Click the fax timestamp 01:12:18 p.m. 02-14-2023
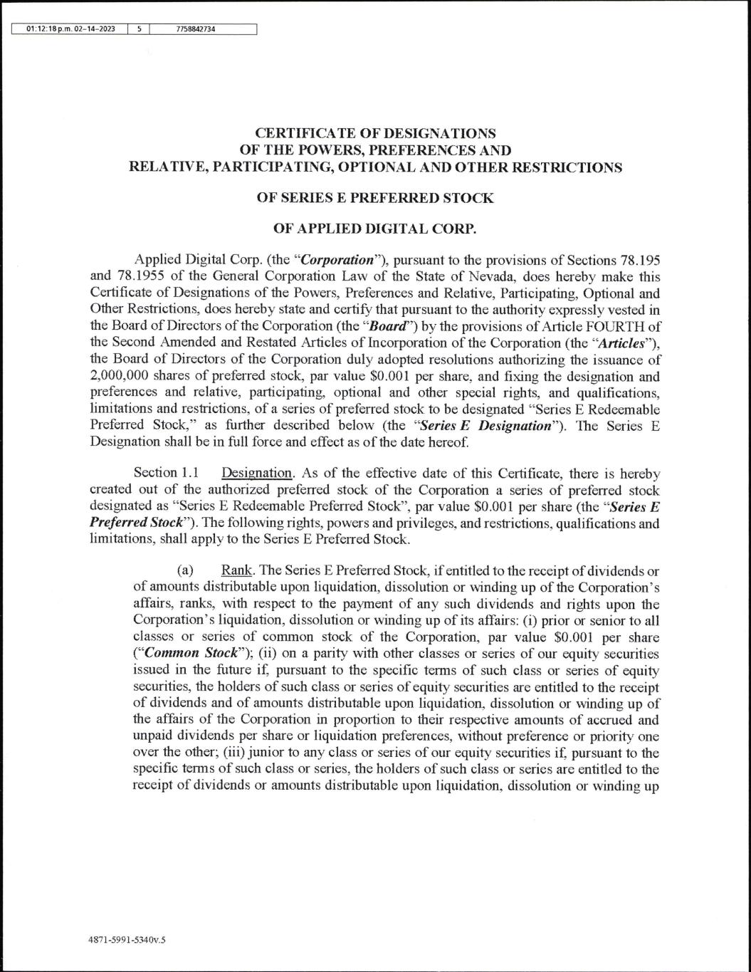(x=70, y=29)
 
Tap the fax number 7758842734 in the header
(x=195, y=29)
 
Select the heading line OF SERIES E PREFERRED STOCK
(x=374, y=198)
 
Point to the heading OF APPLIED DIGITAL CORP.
(x=374, y=229)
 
